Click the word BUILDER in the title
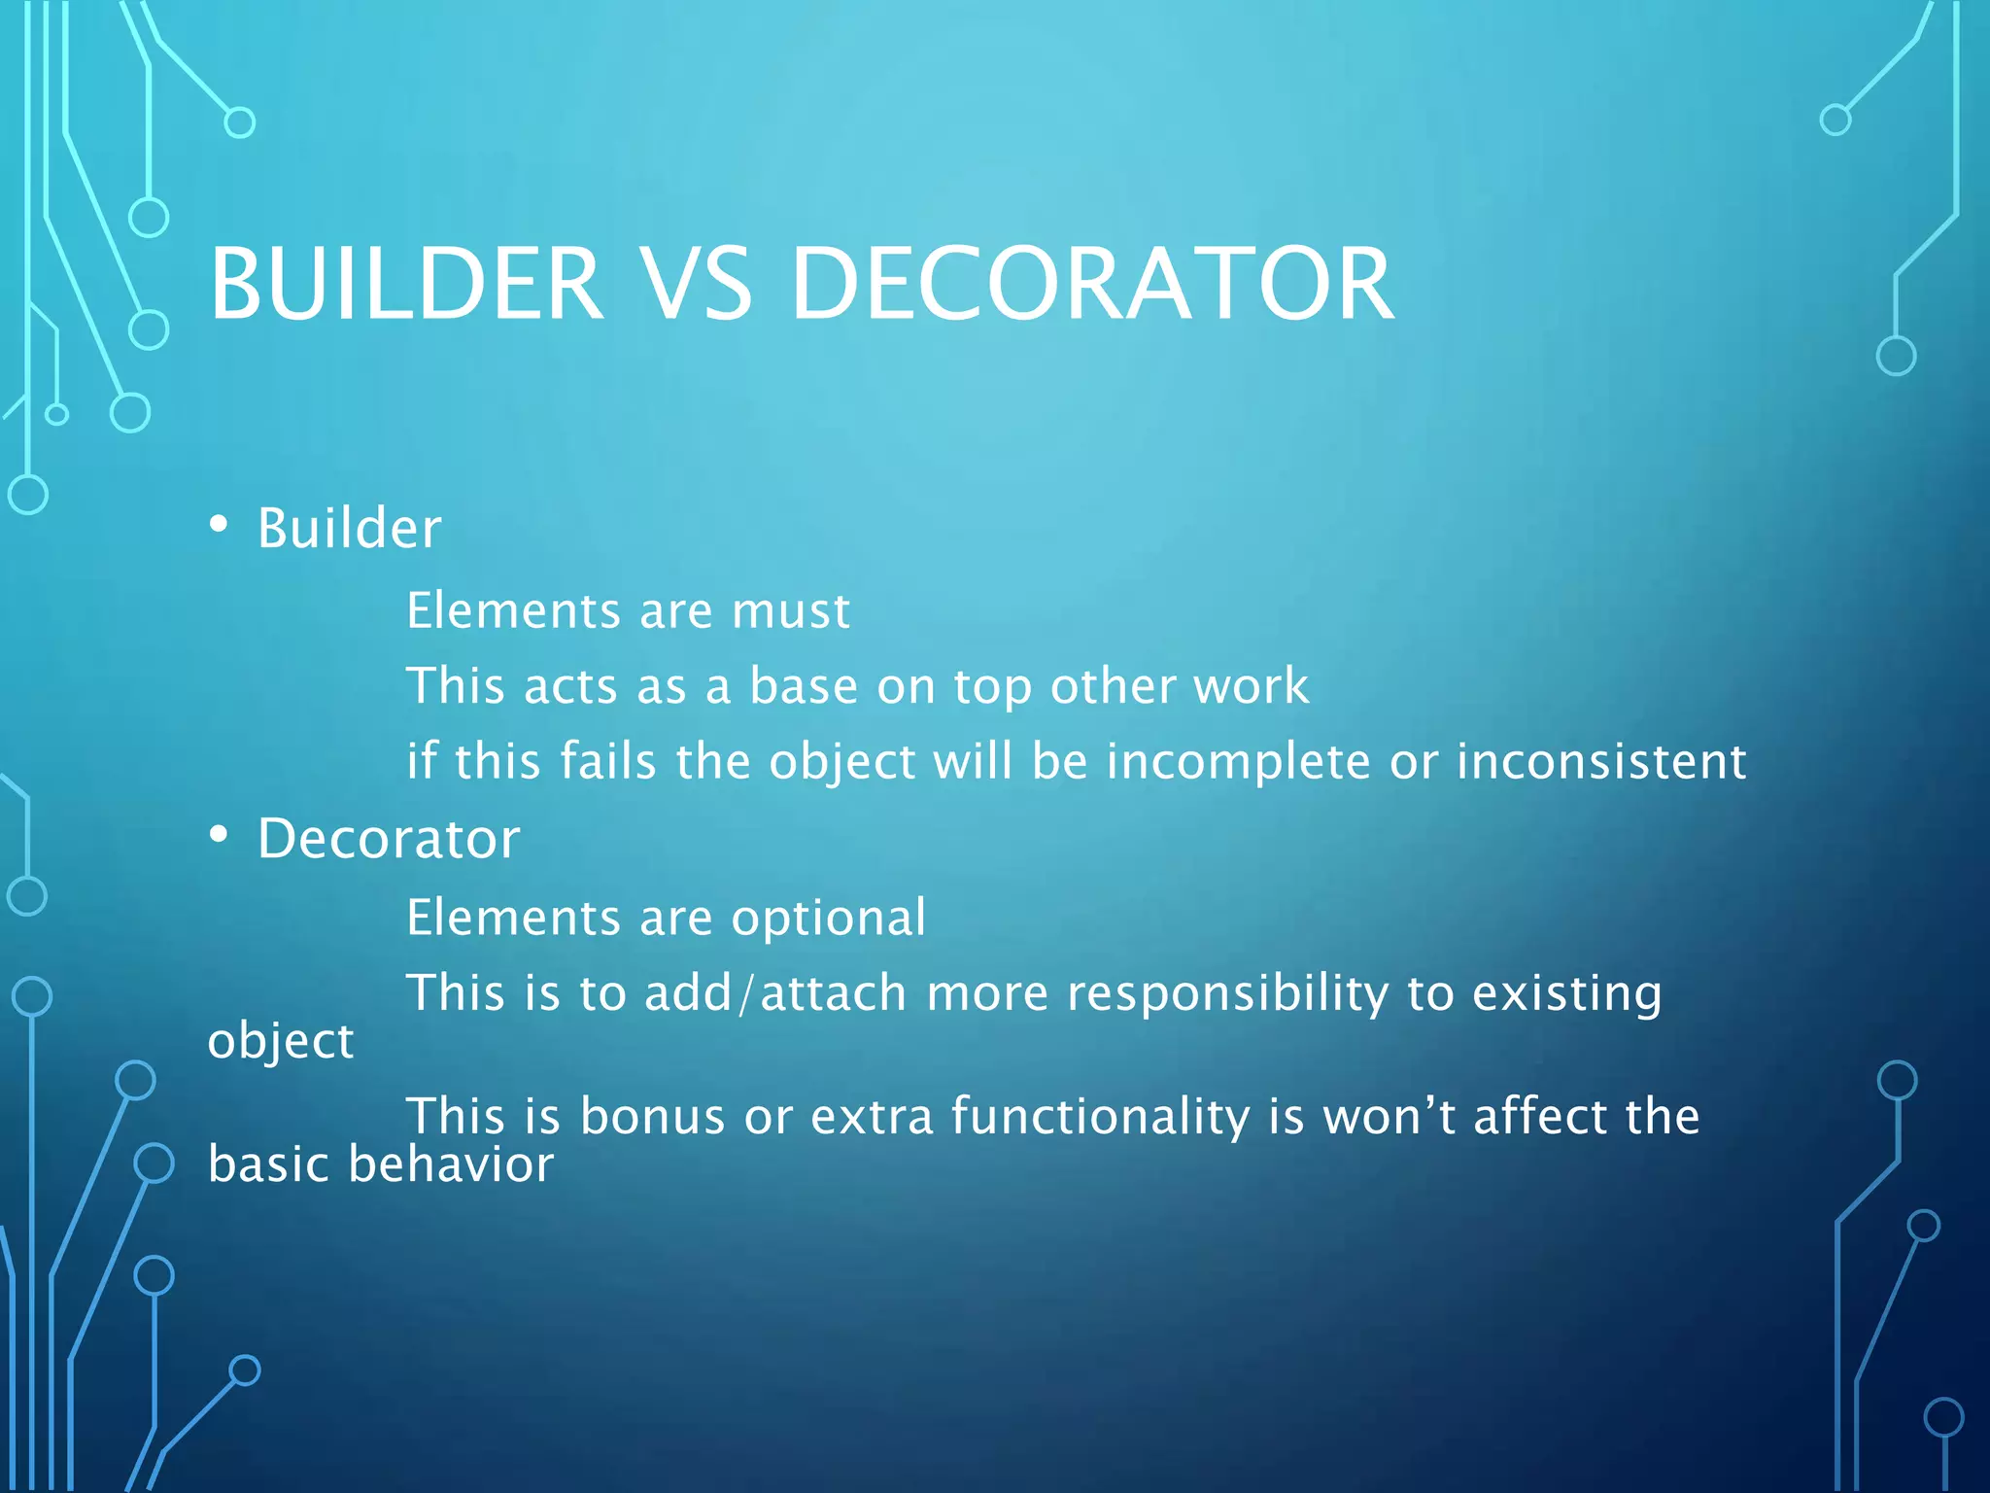tap(406, 284)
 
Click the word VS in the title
tap(697, 284)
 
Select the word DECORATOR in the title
tap(1092, 284)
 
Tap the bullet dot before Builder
tap(219, 526)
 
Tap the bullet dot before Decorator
tap(219, 835)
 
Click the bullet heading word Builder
tap(349, 529)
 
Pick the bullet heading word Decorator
tap(389, 838)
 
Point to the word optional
tap(828, 919)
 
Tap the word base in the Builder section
tap(804, 686)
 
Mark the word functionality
tap(1099, 1117)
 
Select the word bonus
tap(652, 1117)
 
